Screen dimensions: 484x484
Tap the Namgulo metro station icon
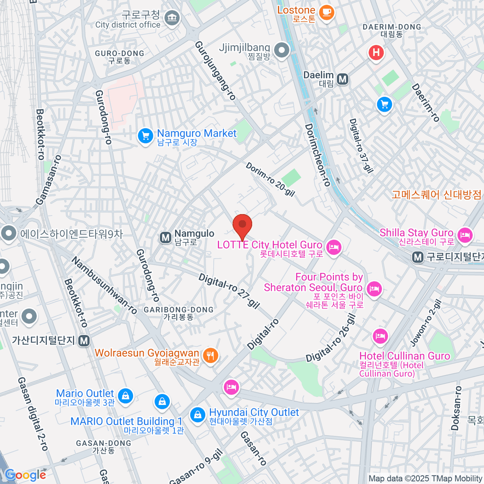tap(165, 238)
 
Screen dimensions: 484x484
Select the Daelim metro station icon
tap(343, 79)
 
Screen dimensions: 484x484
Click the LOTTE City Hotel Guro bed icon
tap(334, 247)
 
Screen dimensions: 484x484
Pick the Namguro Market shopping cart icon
tap(145, 136)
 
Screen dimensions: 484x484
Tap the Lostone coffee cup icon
tap(327, 12)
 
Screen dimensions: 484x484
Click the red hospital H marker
tap(376, 53)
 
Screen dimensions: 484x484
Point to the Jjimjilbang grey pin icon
tap(282, 51)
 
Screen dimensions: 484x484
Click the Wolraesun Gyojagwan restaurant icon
tap(210, 355)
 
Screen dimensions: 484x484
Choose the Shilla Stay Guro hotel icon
tap(465, 235)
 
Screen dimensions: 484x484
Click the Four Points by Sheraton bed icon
tap(374, 289)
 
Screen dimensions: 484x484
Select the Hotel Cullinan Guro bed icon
tap(380, 336)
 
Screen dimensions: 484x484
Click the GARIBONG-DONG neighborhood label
tap(179, 310)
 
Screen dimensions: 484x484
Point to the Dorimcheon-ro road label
tap(317, 155)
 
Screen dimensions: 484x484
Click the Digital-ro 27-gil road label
tap(229, 290)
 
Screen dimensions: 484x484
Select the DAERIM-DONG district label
tap(392, 27)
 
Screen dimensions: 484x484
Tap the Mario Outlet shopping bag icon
tap(126, 396)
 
